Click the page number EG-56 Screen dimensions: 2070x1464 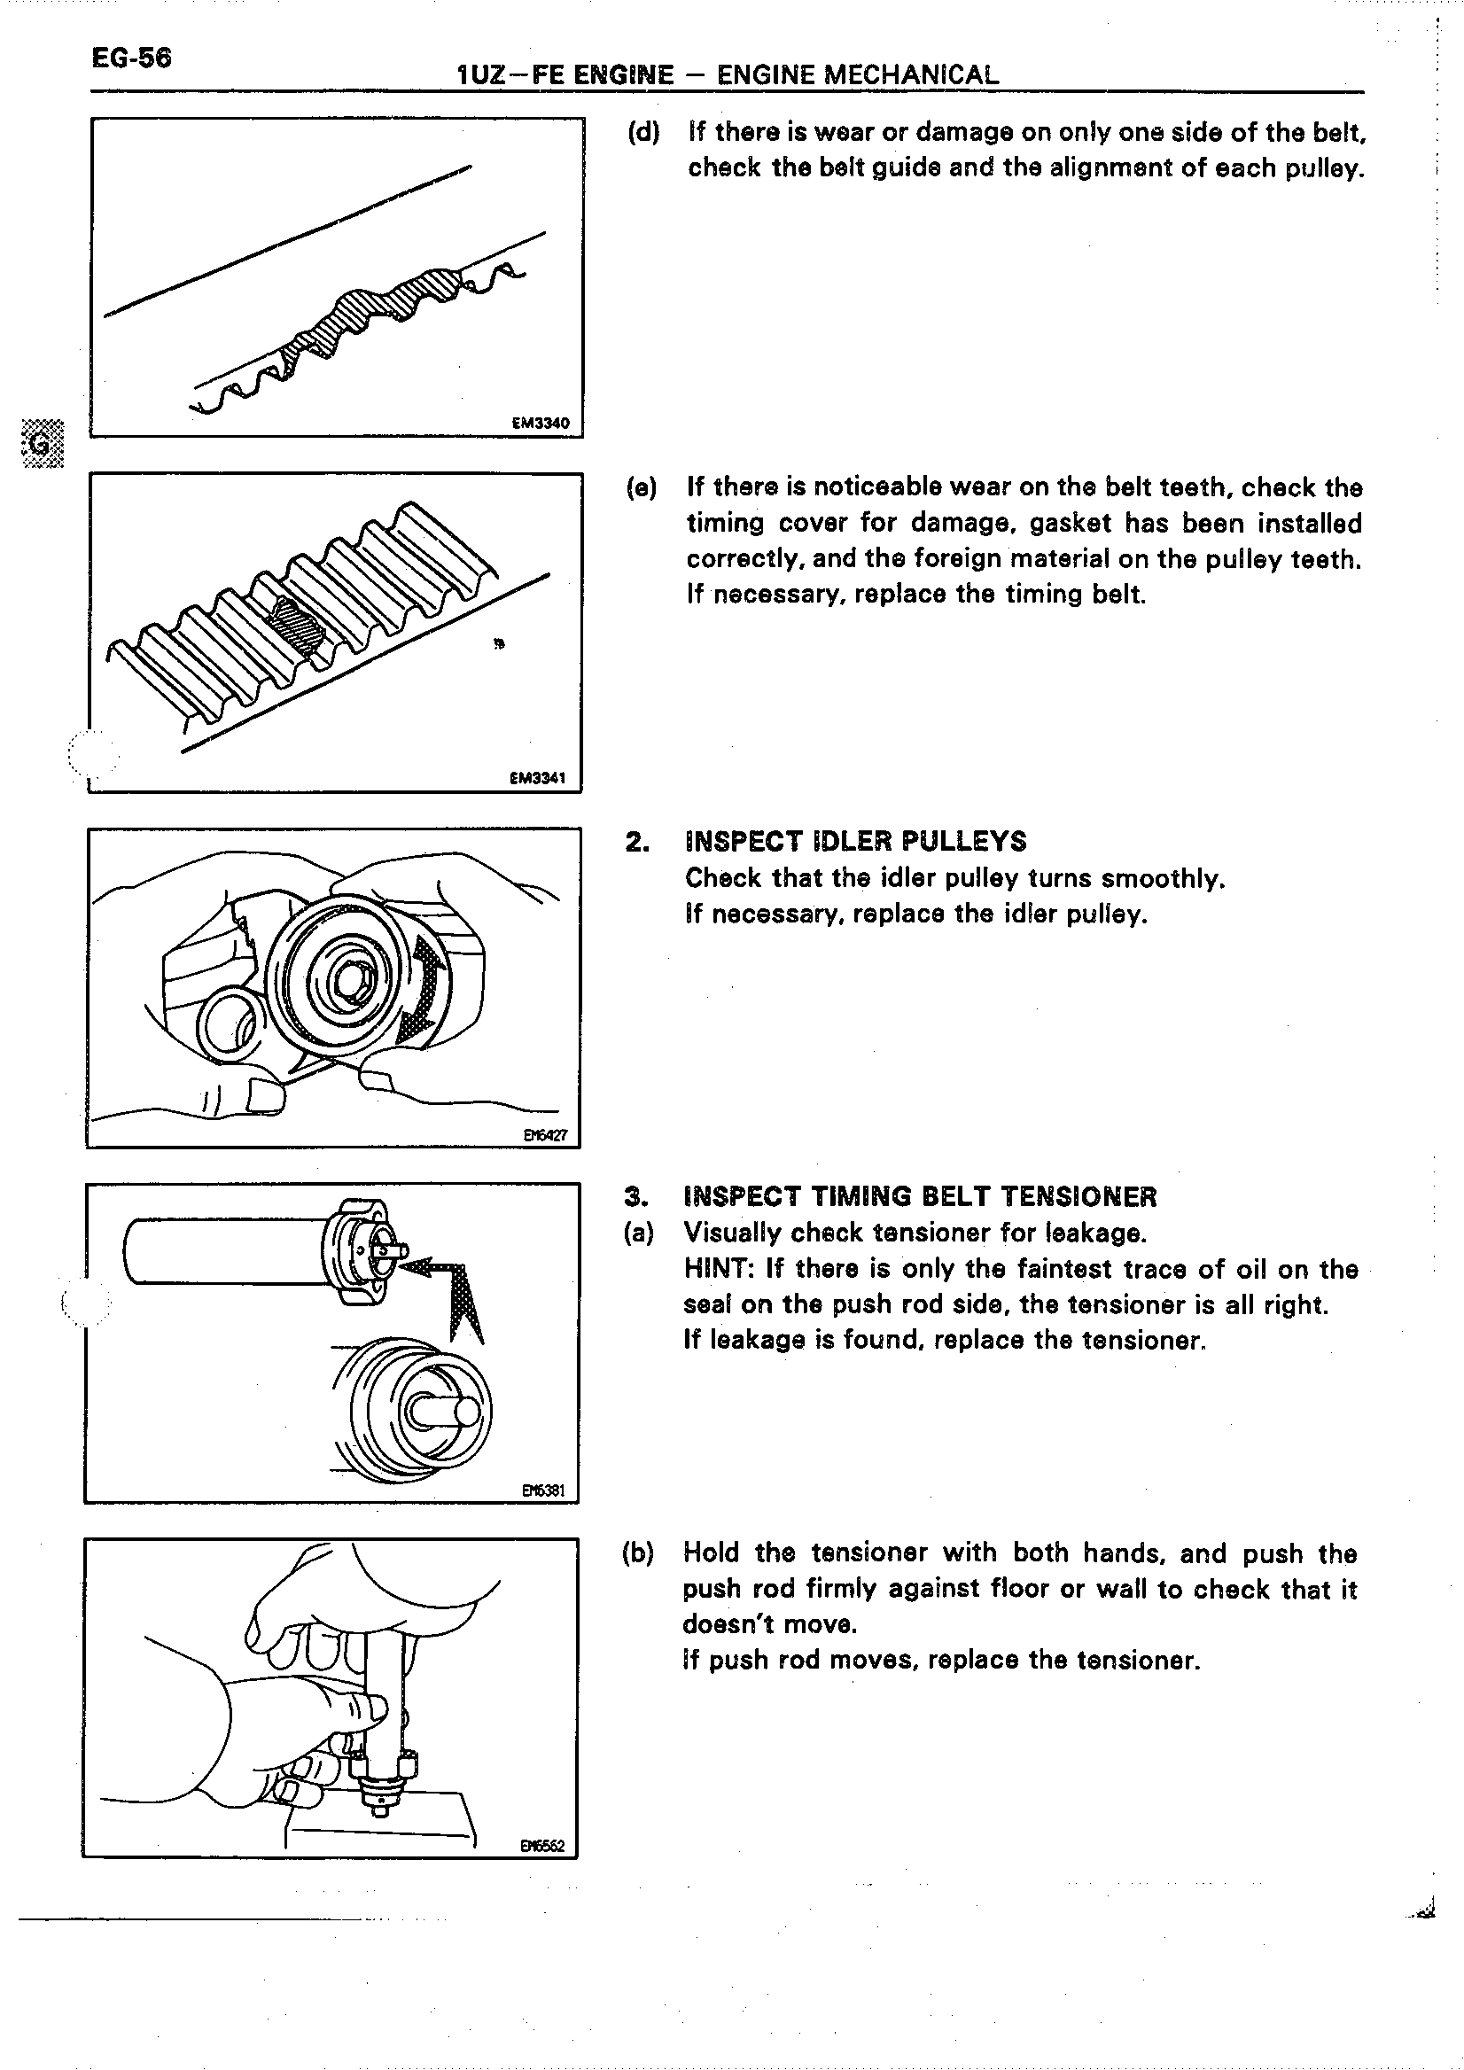point(131,58)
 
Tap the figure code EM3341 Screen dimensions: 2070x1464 point(537,778)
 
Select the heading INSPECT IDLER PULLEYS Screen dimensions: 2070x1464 point(855,841)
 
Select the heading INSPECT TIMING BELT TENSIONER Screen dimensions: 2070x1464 point(921,1196)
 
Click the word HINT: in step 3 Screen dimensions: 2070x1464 point(719,1269)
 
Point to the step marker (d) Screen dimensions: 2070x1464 point(643,133)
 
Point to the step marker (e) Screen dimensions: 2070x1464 point(642,487)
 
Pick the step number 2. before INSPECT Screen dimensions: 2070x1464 point(636,842)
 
